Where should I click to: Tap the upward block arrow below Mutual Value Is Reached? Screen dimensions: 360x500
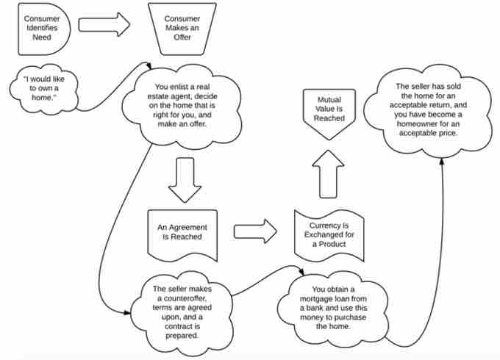324,176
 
